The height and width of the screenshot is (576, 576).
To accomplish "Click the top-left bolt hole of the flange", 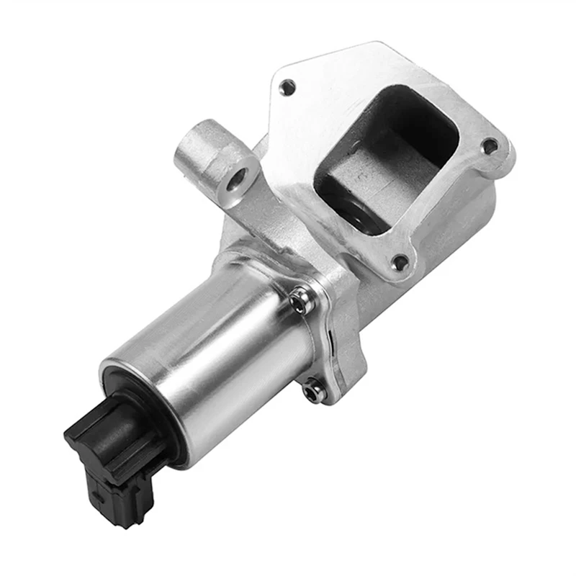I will coord(288,89).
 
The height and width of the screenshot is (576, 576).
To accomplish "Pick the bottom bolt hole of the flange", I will coord(399,264).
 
